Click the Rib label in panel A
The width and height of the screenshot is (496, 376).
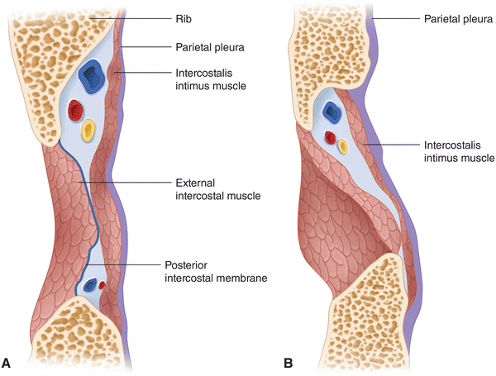[184, 17]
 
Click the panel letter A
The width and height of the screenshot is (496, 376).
[8, 362]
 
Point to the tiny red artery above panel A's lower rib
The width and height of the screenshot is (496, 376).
[102, 285]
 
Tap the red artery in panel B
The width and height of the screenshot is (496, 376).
[330, 136]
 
